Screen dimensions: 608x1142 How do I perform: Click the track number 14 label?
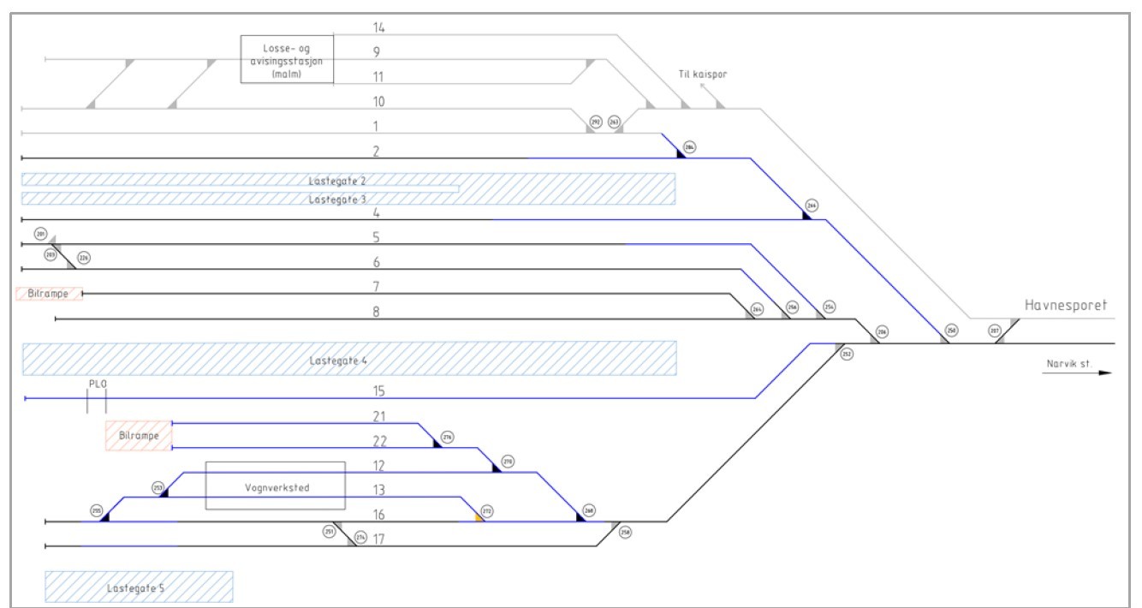tap(378, 28)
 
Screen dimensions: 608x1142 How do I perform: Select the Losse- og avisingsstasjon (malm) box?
tap(287, 60)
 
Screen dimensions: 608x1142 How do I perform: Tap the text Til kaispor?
tap(702, 75)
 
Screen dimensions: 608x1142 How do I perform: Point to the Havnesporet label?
tap(1066, 306)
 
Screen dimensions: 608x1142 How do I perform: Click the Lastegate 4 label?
tap(339, 361)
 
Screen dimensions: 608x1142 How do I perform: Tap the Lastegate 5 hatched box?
tap(138, 587)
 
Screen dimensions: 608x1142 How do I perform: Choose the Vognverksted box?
tap(275, 486)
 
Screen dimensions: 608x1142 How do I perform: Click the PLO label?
tap(98, 384)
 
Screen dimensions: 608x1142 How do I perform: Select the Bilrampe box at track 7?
tap(49, 293)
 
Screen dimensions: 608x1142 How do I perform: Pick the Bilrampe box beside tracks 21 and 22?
tap(139, 436)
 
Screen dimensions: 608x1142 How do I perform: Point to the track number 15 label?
tap(378, 392)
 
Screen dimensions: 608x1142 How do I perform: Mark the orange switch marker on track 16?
tap(479, 517)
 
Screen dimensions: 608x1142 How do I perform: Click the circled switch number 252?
tap(847, 354)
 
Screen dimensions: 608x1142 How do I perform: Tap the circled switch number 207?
tap(995, 330)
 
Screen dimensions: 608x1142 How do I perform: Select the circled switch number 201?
tap(40, 234)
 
